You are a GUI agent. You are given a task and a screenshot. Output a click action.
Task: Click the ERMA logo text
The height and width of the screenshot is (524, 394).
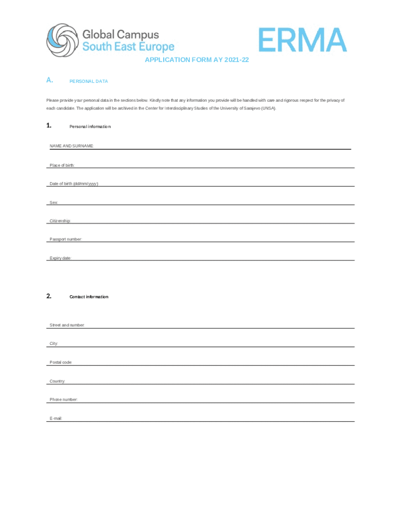[303, 40]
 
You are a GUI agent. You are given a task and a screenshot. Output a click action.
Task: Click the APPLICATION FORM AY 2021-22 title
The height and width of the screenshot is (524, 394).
[196, 60]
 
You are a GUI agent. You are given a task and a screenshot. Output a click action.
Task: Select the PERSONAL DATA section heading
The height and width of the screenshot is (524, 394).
[89, 81]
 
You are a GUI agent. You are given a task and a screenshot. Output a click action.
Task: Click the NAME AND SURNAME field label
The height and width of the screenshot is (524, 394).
[71, 146]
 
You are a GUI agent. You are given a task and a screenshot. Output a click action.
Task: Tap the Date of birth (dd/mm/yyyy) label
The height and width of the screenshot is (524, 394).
[73, 184]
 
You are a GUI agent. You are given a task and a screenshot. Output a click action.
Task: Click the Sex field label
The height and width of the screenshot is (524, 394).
[53, 203]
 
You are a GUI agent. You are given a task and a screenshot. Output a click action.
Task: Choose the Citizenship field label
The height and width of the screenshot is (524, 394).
[60, 221]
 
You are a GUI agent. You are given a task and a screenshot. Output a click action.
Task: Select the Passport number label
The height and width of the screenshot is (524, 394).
[65, 239]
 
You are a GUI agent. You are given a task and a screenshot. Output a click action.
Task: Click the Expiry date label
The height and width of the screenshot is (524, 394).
[60, 258]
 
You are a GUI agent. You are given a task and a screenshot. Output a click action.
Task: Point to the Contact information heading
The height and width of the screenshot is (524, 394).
[89, 297]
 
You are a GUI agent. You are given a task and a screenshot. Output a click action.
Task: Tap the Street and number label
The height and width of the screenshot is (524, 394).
[67, 325]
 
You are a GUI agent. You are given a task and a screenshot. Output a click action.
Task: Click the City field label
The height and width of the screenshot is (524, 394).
[54, 344]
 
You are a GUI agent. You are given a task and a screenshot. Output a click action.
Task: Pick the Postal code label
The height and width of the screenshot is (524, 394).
[61, 362]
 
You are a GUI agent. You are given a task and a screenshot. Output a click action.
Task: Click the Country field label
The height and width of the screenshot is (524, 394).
[57, 381]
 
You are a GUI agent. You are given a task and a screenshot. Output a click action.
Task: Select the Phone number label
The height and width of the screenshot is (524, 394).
[63, 400]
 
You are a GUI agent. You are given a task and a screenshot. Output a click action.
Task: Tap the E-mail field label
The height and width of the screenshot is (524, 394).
[56, 419]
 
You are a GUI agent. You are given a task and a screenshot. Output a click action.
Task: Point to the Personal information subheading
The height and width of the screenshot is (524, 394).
[90, 126]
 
